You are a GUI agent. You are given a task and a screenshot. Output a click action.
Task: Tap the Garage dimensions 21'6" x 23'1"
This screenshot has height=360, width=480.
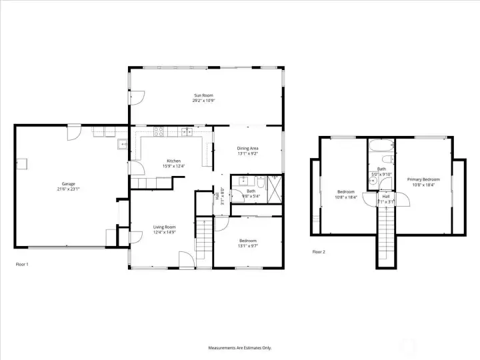point(69,189)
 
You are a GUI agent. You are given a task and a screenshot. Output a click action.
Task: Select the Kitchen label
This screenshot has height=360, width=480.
point(173,161)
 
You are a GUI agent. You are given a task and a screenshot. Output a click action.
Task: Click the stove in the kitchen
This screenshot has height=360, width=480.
point(159,131)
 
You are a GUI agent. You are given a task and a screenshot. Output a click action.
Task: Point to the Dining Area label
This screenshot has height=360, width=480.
point(247,148)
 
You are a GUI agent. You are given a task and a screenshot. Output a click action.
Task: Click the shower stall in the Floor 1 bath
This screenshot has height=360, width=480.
point(275,189)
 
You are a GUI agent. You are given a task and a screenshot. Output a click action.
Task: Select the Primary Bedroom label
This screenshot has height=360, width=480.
point(423,179)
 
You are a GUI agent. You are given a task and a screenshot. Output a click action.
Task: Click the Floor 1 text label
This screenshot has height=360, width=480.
point(22,264)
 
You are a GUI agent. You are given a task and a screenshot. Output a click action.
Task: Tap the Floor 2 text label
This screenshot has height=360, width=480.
point(319,252)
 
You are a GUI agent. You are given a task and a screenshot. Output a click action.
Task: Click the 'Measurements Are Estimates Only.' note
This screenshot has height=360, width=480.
point(240,347)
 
